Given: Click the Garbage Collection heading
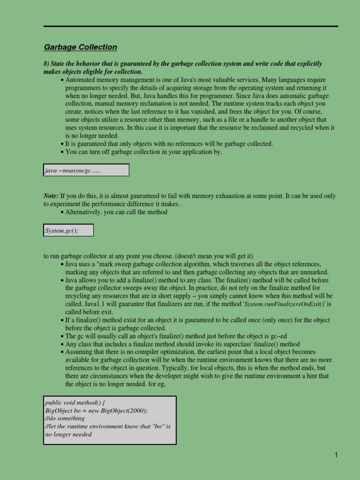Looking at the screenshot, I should pyautogui.click(x=80, y=47).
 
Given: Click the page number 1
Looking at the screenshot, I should pyautogui.click(x=336, y=455).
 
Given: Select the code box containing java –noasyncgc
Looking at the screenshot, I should pyautogui.click(x=86, y=170).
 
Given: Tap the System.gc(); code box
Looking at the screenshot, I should pyautogui.click(x=68, y=230).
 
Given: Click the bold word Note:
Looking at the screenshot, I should pyautogui.click(x=51, y=196).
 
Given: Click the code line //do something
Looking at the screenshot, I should pyautogui.click(x=65, y=418).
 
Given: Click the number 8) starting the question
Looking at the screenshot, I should pyautogui.click(x=46, y=64).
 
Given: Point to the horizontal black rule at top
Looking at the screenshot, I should pyautogui.click(x=191, y=26).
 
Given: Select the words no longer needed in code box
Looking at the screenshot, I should pyautogui.click(x=68, y=434).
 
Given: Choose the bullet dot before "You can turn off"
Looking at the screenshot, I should pyautogui.click(x=62, y=152).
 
